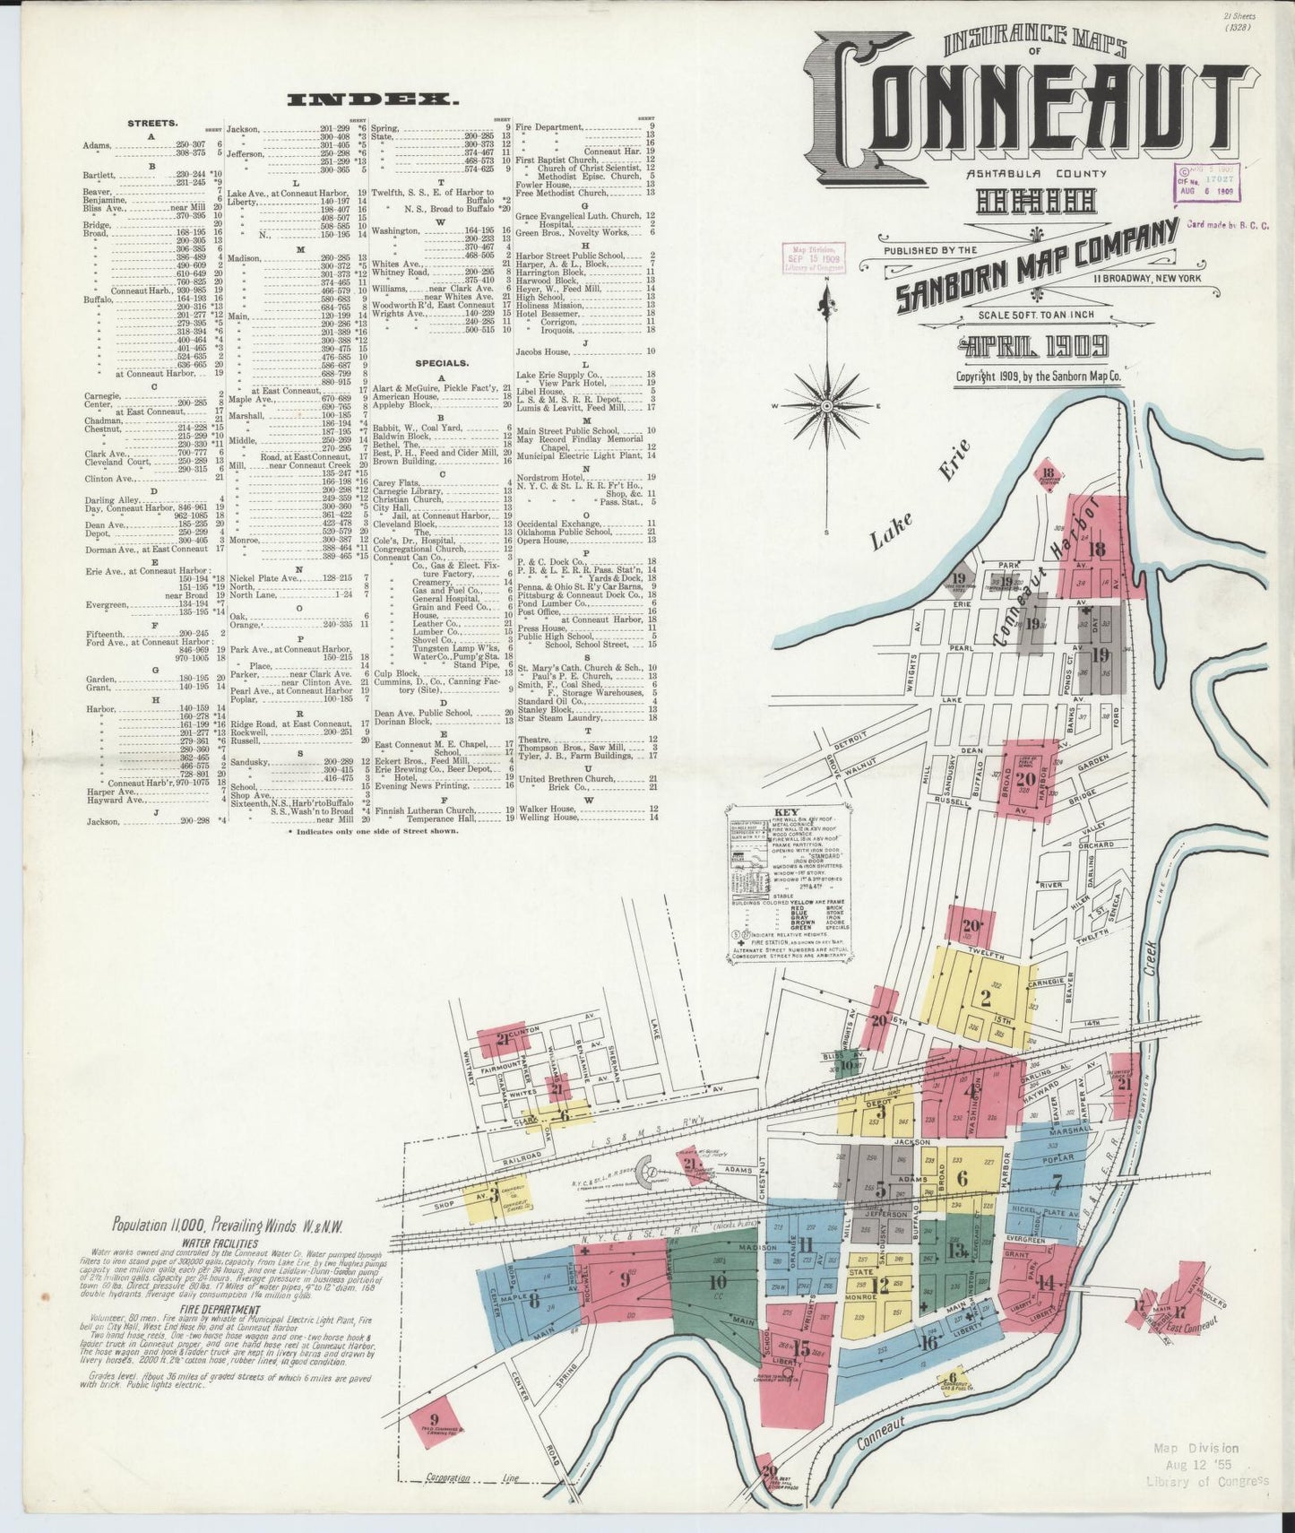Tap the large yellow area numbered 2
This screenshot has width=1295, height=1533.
pos(984,995)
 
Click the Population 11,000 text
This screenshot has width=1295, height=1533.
pos(229,1225)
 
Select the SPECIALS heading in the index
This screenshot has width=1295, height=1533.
pos(442,363)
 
